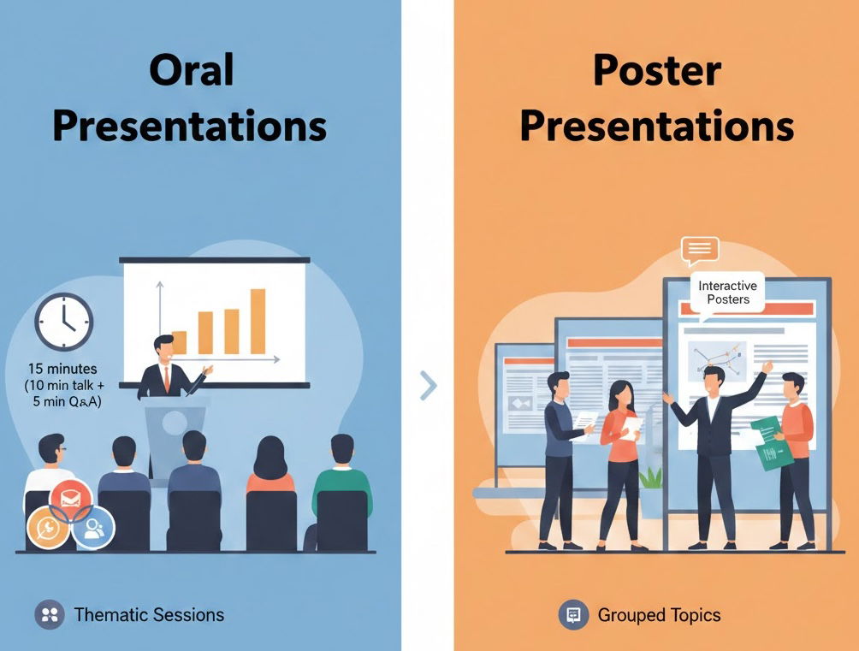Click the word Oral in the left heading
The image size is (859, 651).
[x=192, y=69]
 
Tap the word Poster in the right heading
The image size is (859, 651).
[x=657, y=70]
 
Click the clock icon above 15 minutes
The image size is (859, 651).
[x=64, y=322]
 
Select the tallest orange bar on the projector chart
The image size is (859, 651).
[x=258, y=321]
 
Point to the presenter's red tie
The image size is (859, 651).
[x=167, y=379]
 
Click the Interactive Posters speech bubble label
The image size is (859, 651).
[x=728, y=293]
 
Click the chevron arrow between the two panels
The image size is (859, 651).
[x=429, y=385]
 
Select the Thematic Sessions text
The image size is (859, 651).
[x=149, y=615]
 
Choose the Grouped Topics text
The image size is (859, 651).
[x=659, y=615]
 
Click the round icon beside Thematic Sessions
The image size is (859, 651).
[x=50, y=614]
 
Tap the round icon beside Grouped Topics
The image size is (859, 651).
[x=573, y=614]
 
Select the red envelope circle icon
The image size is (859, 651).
[x=71, y=500]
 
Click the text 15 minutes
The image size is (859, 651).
[x=62, y=368]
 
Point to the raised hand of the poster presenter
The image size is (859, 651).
[x=767, y=366]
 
